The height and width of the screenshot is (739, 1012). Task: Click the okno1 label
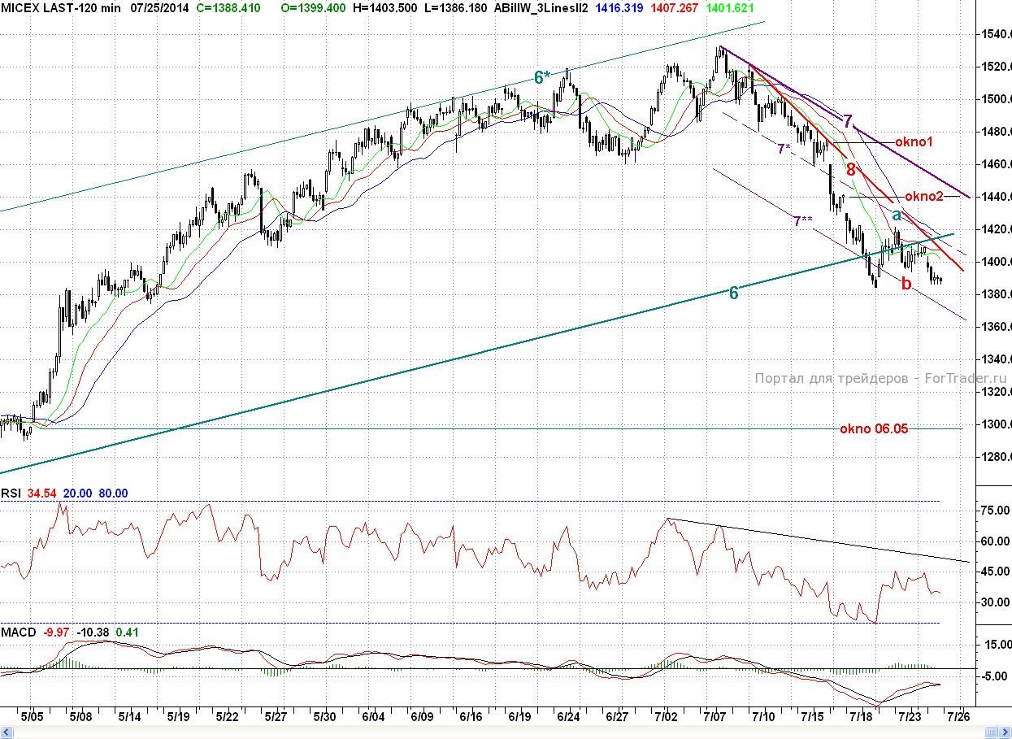click(x=914, y=142)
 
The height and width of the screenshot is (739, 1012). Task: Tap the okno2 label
click(x=923, y=196)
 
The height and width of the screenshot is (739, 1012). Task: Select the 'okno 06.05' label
click(x=874, y=429)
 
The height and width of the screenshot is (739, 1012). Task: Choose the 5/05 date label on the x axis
click(x=32, y=717)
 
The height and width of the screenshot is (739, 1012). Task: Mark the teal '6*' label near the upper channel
click(x=542, y=77)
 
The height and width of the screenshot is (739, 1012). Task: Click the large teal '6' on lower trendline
click(x=733, y=293)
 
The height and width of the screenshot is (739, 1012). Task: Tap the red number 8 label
click(x=851, y=170)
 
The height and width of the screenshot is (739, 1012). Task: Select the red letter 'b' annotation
click(x=906, y=283)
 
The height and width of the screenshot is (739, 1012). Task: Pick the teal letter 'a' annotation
click(x=897, y=215)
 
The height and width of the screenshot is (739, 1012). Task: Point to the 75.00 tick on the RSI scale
click(x=990, y=511)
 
